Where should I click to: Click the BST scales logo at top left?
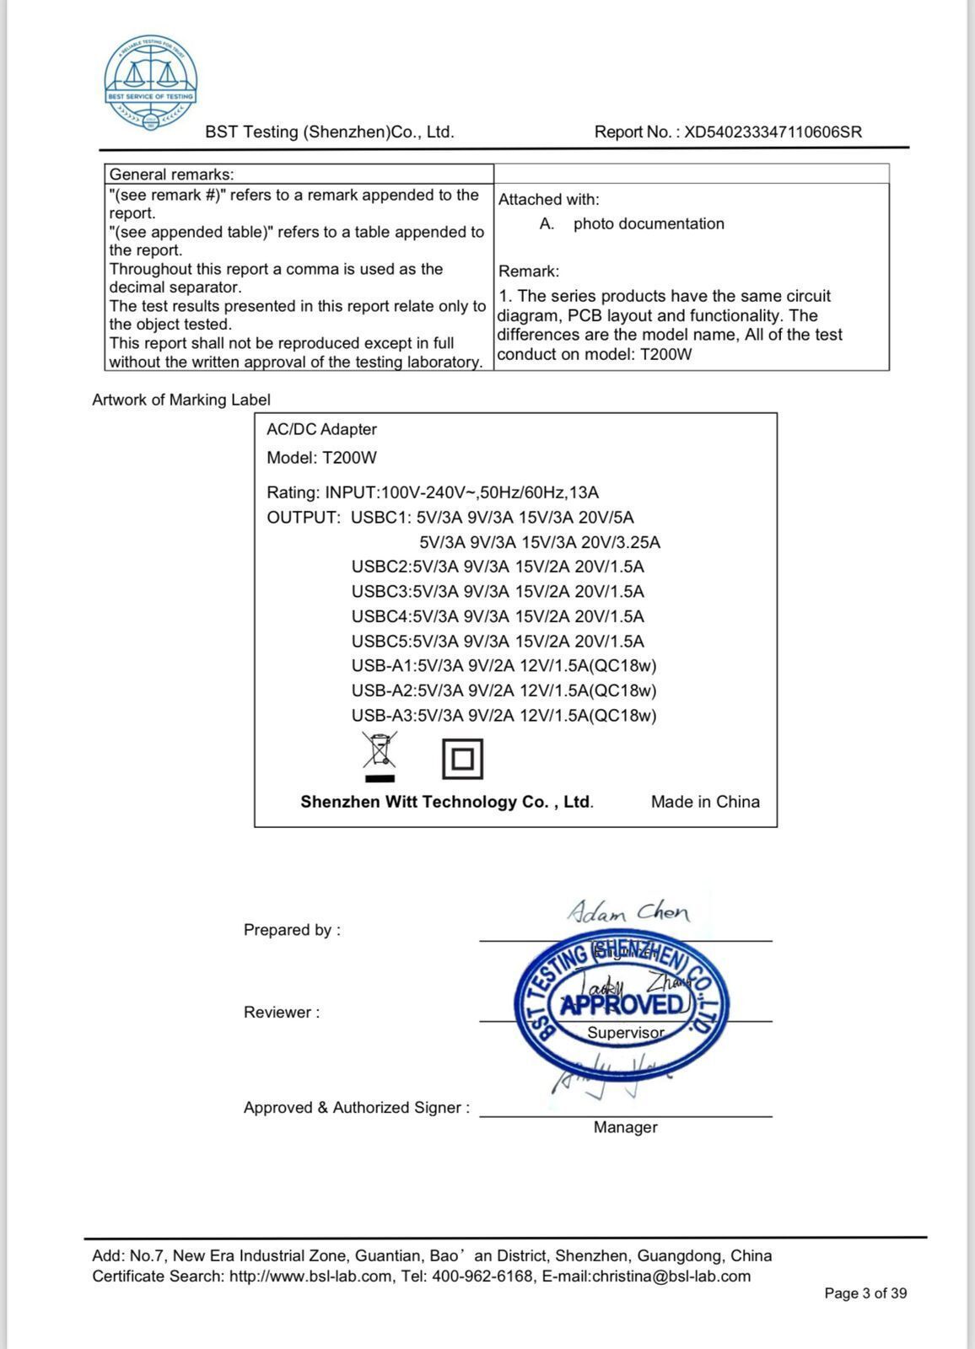point(151,83)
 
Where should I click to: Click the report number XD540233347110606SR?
point(773,132)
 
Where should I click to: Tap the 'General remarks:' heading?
point(172,175)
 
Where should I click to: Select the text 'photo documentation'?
point(649,224)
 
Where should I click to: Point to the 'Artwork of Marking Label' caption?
point(181,400)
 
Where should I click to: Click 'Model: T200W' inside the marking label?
point(321,458)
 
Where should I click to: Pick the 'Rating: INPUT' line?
point(433,492)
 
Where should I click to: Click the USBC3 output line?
point(498,591)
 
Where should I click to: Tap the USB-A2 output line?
point(504,691)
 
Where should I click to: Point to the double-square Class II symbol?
point(462,759)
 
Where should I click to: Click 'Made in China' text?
point(705,802)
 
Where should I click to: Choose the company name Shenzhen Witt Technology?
point(447,802)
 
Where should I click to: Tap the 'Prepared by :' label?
point(292,930)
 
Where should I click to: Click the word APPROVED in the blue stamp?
point(622,1005)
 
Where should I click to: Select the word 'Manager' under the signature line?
point(625,1127)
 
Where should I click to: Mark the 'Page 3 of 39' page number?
point(865,1293)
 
